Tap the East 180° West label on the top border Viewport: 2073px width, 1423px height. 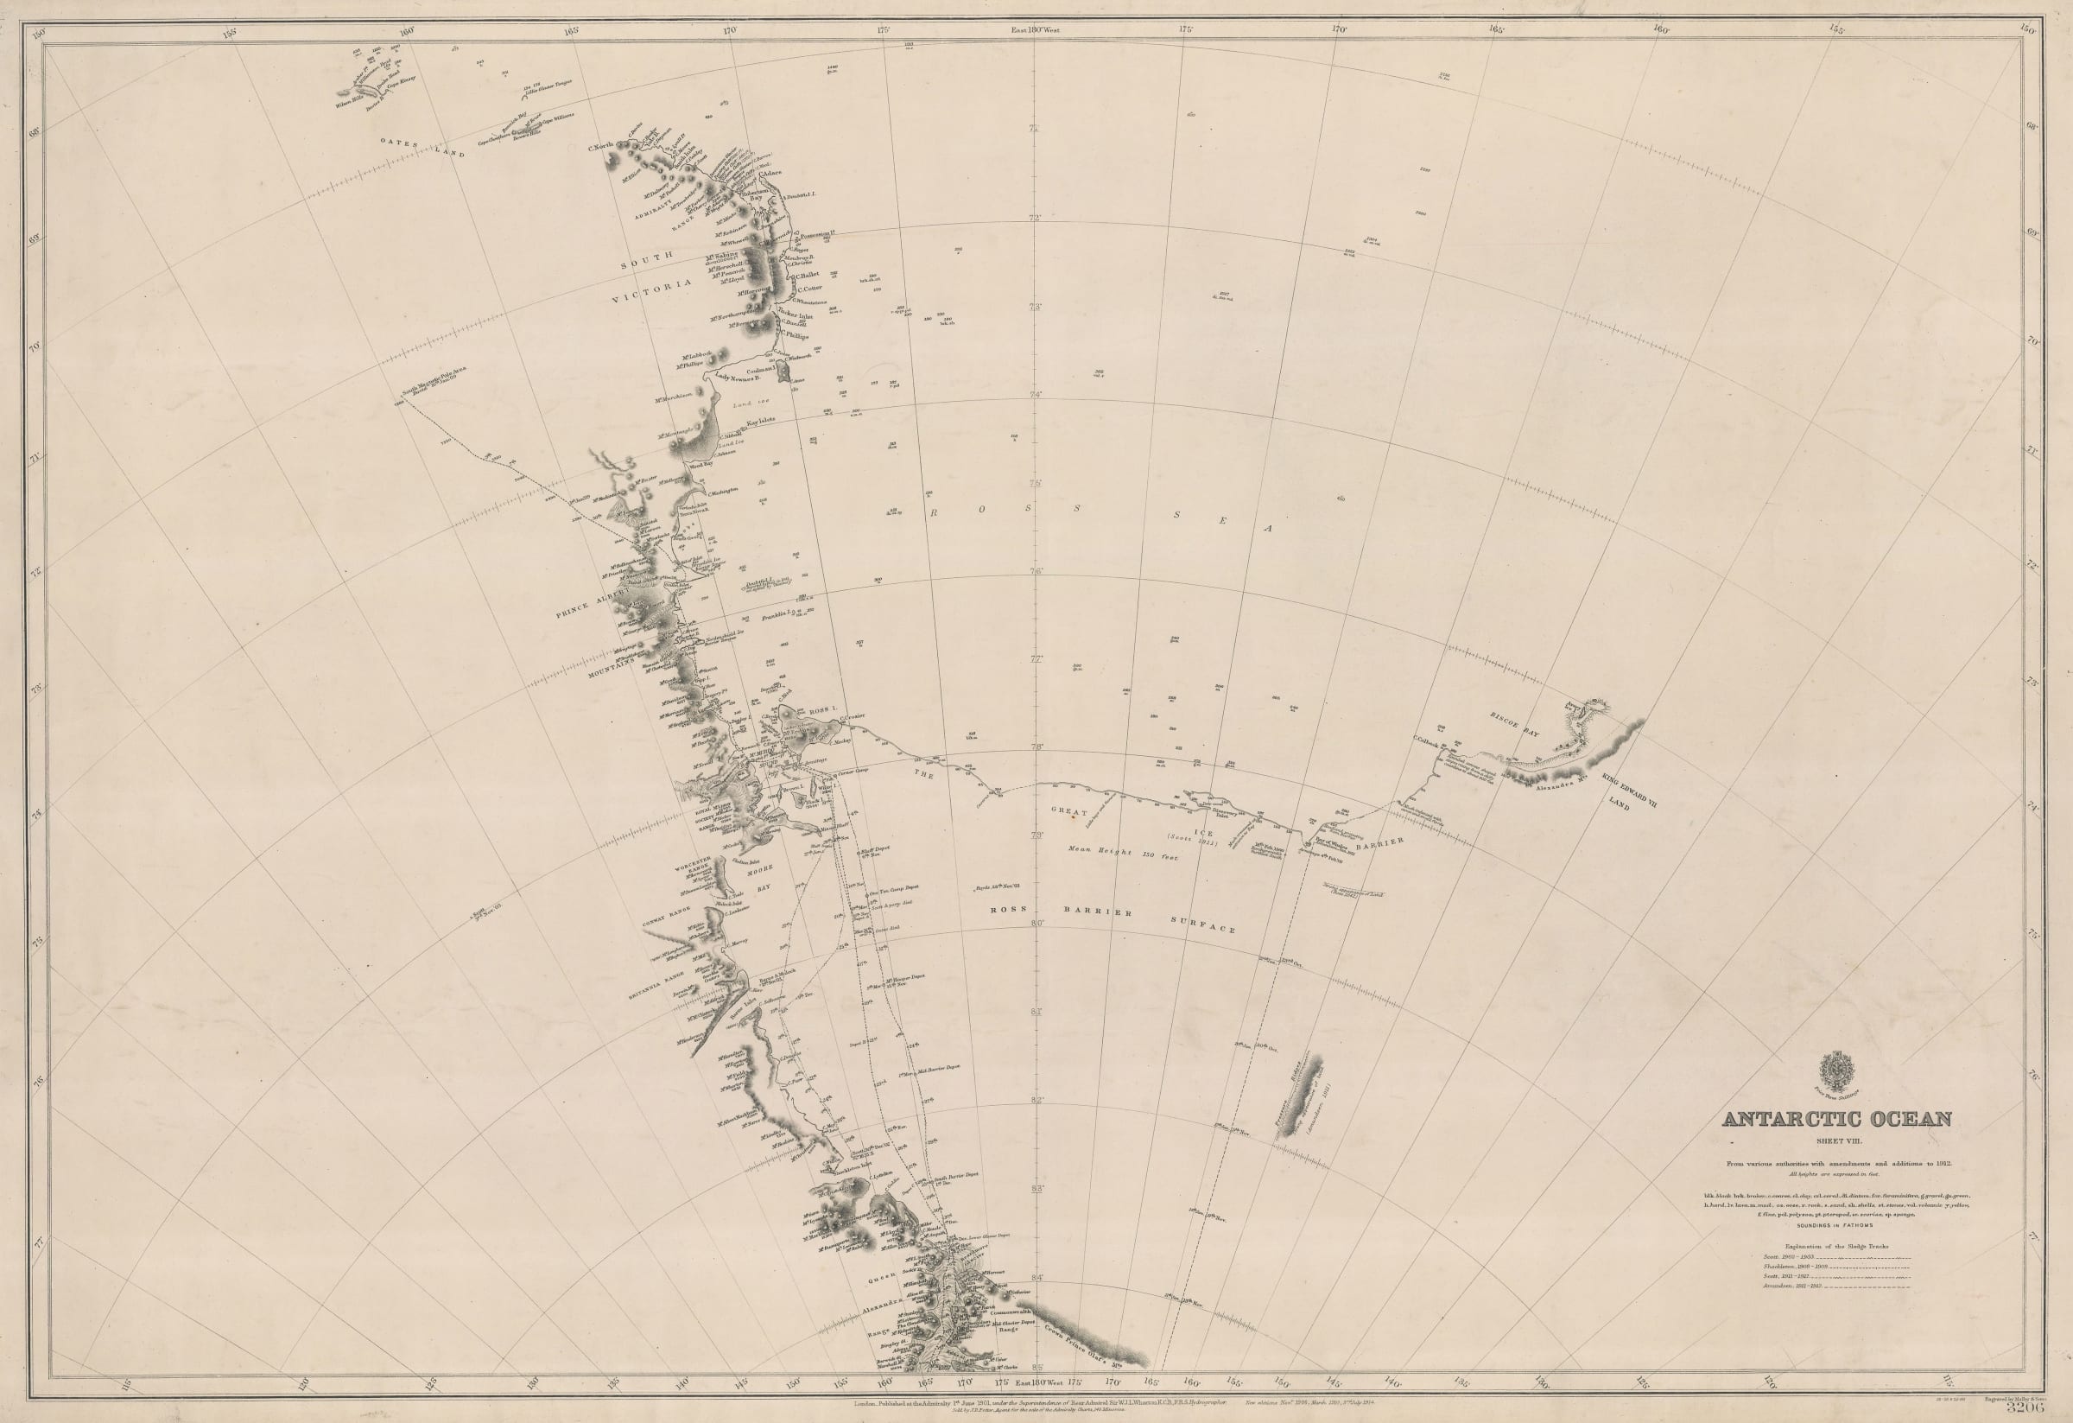1036,29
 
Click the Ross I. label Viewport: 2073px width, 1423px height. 825,708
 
